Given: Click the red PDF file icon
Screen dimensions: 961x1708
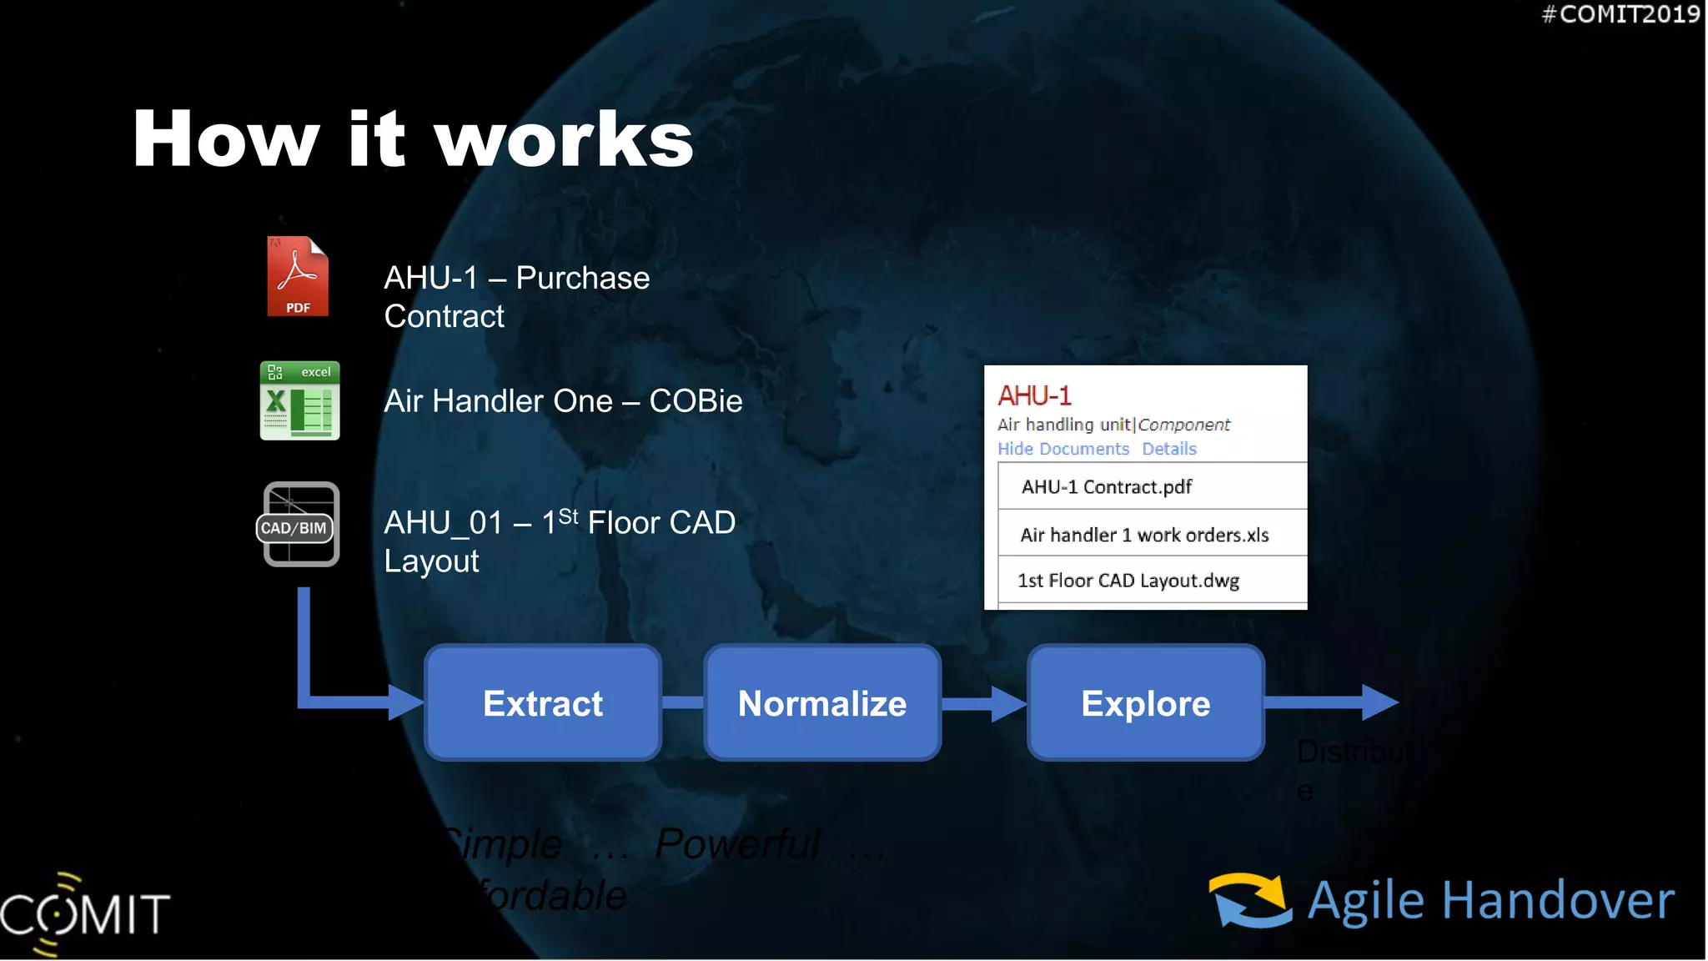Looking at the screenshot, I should pos(298,276).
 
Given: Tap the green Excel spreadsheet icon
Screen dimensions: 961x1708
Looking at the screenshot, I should pos(300,401).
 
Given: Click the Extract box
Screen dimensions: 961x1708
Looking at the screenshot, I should pos(543,703).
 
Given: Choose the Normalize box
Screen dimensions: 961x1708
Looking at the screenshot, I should pos(822,703).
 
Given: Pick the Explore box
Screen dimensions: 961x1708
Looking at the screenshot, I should pos(1146,703).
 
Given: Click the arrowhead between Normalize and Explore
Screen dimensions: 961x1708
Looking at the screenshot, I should pos(1007,704).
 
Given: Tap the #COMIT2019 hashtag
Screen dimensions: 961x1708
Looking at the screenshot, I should pos(1620,14).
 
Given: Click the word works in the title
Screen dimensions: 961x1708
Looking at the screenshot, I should pos(565,139).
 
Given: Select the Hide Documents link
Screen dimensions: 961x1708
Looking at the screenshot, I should pos(1063,449).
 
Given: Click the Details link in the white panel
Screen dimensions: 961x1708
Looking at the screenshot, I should pos(1169,449).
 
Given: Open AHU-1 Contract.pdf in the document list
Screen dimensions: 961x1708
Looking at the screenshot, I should pos(1107,487).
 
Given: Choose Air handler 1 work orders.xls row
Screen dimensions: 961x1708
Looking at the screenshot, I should pos(1144,535).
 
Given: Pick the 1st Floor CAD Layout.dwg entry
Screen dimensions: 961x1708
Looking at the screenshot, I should pos(1128,581).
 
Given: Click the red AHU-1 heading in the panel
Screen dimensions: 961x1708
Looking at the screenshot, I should pos(1034,395).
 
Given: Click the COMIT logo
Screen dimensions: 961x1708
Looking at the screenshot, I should pos(83,913).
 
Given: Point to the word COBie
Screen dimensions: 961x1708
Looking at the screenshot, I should pos(696,401).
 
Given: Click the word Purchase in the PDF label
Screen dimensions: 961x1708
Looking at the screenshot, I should pos(583,278).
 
